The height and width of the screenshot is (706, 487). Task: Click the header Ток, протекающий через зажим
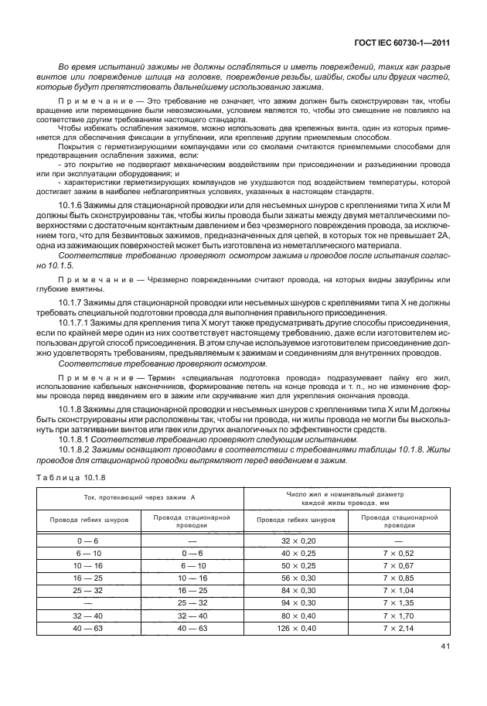coord(139,499)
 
